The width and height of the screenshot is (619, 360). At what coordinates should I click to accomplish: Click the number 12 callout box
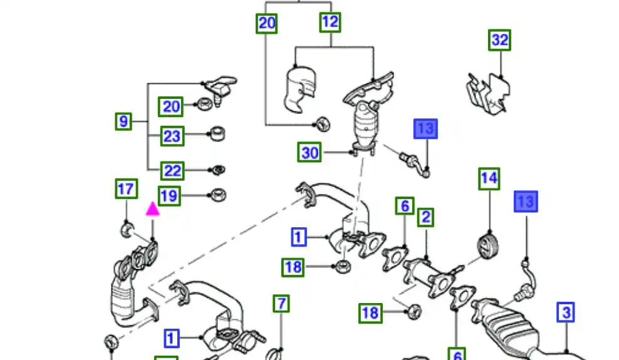(x=330, y=23)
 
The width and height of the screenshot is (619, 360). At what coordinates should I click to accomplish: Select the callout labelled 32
(x=499, y=41)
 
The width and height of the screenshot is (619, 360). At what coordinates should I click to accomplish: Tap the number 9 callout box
(x=123, y=121)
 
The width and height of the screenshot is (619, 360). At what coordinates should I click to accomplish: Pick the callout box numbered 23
(x=172, y=136)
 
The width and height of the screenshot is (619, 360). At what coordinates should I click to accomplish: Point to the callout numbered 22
(x=172, y=170)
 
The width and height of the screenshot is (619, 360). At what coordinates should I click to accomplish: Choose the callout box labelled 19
(x=169, y=196)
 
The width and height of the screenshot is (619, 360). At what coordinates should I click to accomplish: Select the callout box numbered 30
(x=310, y=152)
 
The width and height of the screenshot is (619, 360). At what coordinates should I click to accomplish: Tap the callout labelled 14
(x=489, y=178)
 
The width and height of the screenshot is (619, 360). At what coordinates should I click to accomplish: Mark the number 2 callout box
(x=426, y=217)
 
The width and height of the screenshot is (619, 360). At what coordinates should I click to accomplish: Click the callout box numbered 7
(x=282, y=304)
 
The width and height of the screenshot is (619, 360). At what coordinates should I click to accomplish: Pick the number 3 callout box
(x=566, y=312)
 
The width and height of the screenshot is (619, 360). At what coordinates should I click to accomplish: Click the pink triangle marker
(x=153, y=209)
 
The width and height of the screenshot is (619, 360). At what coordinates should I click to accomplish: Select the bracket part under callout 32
(x=487, y=93)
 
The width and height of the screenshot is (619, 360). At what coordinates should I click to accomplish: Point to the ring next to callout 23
(x=216, y=133)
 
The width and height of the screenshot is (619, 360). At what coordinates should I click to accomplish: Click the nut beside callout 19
(x=217, y=195)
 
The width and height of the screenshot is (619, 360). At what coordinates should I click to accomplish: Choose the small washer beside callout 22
(x=218, y=170)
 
